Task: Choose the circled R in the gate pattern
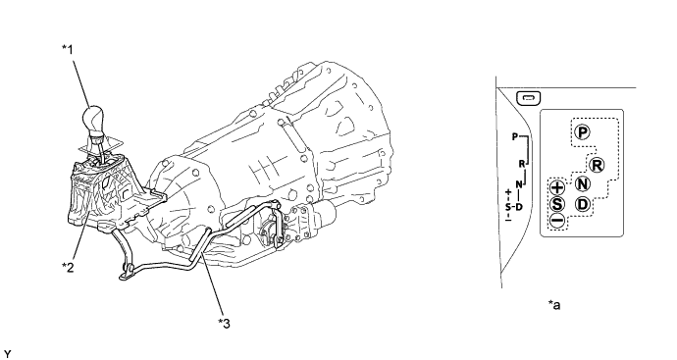point(596,164)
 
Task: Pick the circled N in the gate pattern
point(583,184)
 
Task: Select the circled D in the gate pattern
point(583,204)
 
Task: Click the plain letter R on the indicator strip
point(522,164)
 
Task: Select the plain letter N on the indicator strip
point(518,184)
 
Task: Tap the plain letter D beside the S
point(517,206)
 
